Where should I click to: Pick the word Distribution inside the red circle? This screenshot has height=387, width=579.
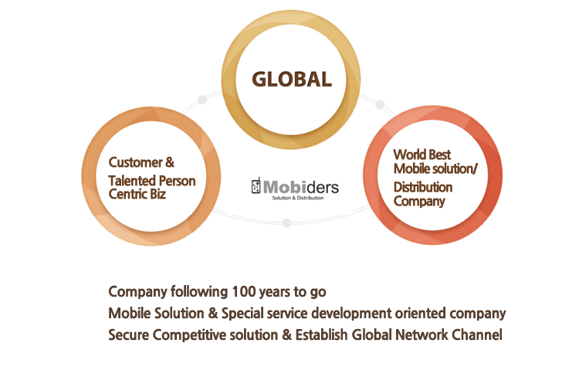[x=422, y=187]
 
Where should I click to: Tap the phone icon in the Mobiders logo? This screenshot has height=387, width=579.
[x=257, y=187]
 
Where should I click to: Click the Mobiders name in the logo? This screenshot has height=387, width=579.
[x=301, y=186]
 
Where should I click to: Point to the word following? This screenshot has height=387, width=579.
[x=197, y=292]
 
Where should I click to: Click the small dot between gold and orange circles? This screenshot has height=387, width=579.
[x=202, y=100]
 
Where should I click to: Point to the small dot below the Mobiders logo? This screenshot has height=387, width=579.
[x=286, y=222]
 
